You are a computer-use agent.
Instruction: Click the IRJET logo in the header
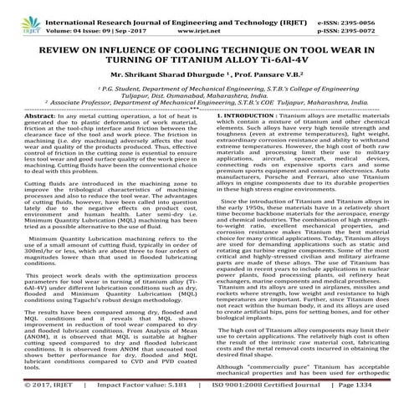pos(18,16)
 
